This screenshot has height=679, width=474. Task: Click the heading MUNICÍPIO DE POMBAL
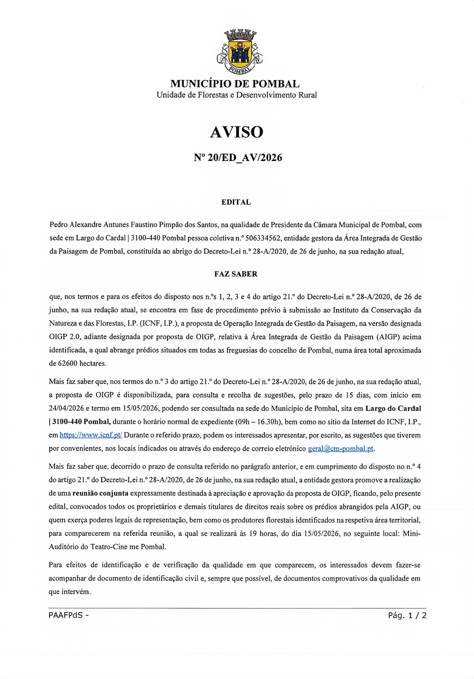pyautogui.click(x=235, y=84)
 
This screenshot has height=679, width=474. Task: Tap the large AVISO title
pyautogui.click(x=237, y=132)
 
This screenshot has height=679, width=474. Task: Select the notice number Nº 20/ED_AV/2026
pyautogui.click(x=238, y=158)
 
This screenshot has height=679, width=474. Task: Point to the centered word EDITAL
pyautogui.click(x=236, y=202)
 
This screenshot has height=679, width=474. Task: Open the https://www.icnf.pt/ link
pyautogui.click(x=91, y=435)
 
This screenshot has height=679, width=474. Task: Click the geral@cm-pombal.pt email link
pyautogui.click(x=341, y=449)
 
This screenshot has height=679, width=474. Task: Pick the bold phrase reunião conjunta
pyautogui.click(x=100, y=493)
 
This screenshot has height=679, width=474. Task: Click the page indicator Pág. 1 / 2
pyautogui.click(x=407, y=615)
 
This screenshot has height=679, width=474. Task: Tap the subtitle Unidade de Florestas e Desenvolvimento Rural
pyautogui.click(x=237, y=95)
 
